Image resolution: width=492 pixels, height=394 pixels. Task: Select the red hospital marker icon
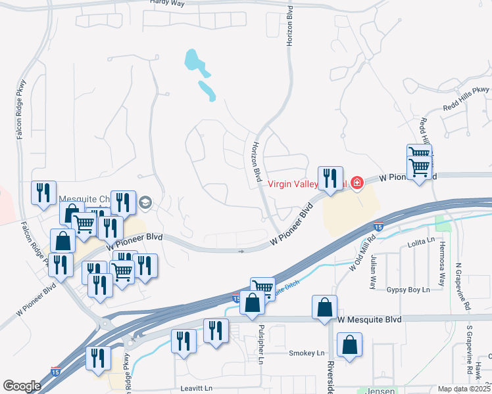point(357,182)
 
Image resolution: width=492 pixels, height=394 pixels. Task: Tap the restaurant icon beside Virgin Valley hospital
point(330,178)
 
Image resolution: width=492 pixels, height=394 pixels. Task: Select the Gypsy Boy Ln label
point(408,290)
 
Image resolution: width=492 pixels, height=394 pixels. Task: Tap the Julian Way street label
point(372,274)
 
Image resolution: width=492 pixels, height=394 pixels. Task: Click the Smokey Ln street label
point(303,353)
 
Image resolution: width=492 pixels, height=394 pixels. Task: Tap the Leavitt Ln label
point(198,389)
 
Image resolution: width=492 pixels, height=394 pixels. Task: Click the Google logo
point(22,386)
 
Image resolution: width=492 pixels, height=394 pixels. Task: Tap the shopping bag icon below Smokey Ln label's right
point(349,345)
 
